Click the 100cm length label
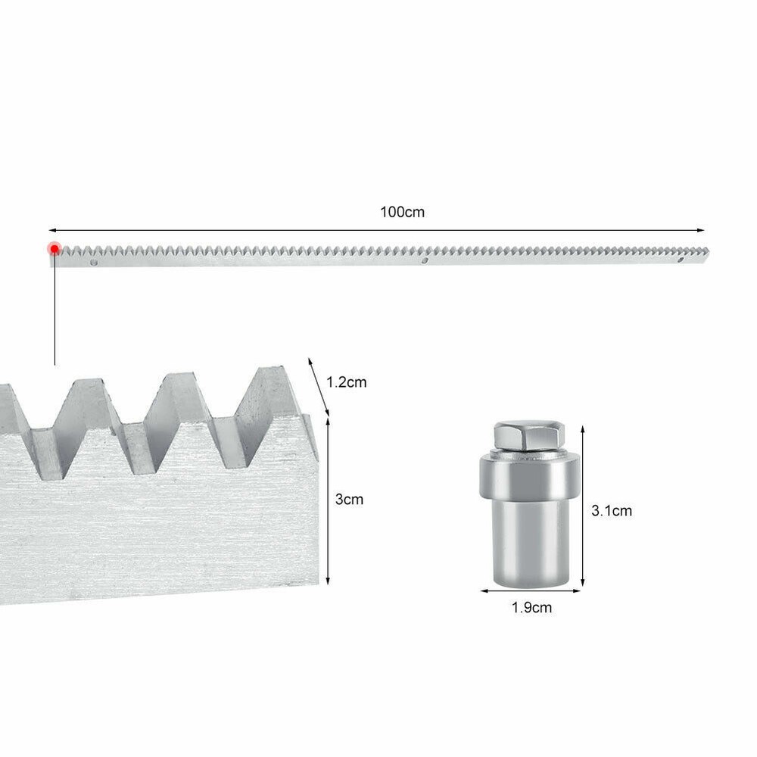(x=402, y=212)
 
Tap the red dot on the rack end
(x=55, y=248)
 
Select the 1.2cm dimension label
(x=346, y=382)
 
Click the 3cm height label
(x=349, y=499)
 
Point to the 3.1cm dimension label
(x=612, y=510)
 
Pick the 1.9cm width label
(x=531, y=607)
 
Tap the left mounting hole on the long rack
(x=94, y=262)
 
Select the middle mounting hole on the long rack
(x=425, y=260)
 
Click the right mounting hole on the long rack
(x=681, y=260)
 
